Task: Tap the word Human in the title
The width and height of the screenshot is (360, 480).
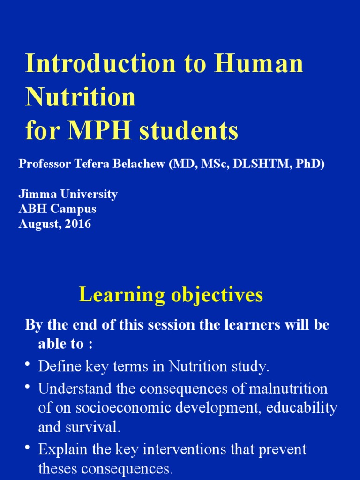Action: [x=259, y=64]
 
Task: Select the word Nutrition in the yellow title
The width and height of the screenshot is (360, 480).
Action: [x=80, y=97]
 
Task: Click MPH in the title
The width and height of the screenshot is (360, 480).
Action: [x=98, y=131]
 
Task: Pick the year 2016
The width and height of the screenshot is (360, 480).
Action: [x=79, y=224]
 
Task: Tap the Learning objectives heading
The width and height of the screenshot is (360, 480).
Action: [x=171, y=295]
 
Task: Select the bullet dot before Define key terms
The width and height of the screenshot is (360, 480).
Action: [x=28, y=364]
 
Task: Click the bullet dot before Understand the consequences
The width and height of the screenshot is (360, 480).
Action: [x=28, y=386]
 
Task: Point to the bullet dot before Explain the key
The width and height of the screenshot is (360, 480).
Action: [x=28, y=447]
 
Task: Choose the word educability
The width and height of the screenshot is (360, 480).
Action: [x=301, y=408]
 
